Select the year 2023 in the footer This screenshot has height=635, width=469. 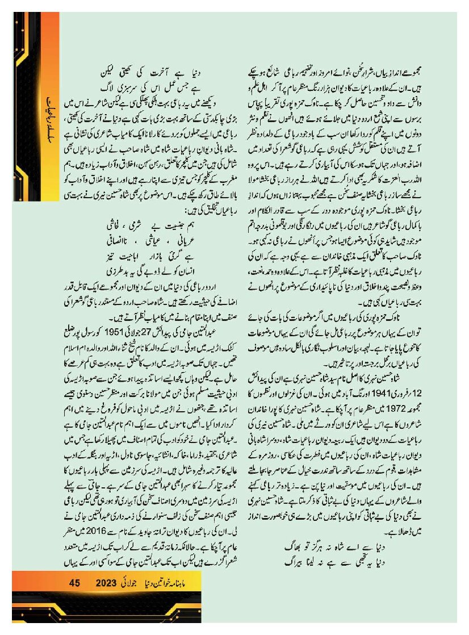(x=106, y=583)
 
